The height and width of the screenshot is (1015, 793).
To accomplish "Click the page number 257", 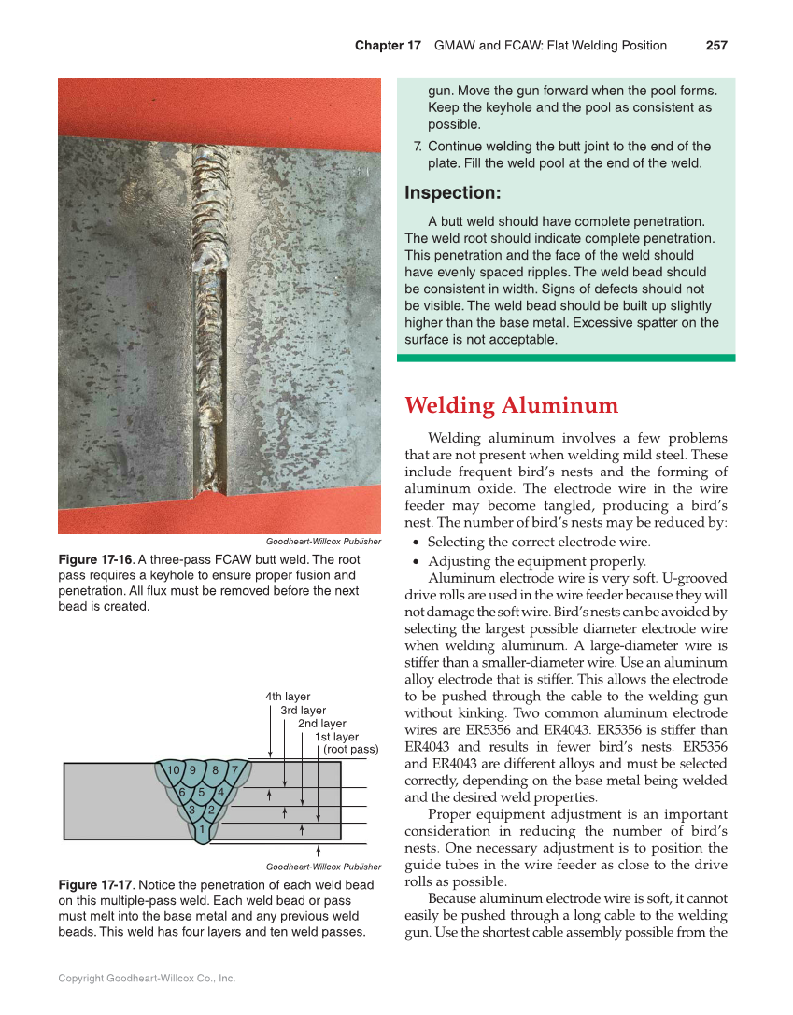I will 716,46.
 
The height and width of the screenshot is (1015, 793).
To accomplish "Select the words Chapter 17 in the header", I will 388,46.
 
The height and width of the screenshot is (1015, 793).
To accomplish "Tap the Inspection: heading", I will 453,193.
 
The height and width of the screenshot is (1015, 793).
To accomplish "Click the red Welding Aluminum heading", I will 511,406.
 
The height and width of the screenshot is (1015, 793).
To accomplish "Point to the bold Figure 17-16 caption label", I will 96,559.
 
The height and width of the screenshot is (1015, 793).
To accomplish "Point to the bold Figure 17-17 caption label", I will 96,884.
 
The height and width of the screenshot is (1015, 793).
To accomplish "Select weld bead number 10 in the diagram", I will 173,770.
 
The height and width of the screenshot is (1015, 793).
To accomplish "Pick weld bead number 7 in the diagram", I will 235,770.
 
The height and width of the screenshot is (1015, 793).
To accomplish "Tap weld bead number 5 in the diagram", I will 201,792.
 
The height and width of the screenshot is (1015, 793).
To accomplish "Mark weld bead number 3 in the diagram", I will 191,810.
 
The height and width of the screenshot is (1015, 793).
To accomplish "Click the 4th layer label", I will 288,697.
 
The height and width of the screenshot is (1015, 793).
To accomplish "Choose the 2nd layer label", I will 321,724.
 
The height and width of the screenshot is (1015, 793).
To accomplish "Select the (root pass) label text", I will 350,749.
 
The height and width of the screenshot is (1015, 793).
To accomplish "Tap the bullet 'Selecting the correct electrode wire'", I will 538,542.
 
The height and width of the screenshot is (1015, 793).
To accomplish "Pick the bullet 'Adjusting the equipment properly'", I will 536,561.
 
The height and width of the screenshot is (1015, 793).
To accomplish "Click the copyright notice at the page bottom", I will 147,978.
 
